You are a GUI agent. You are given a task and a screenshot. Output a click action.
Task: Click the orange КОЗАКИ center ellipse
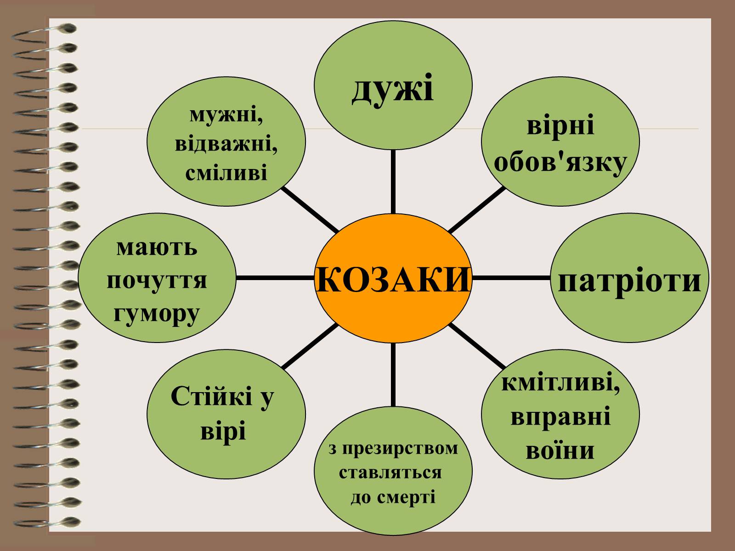tap(393, 278)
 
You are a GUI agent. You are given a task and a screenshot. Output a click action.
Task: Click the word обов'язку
tap(560, 163)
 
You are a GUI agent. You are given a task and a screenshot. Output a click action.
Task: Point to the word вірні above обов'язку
tap(560, 126)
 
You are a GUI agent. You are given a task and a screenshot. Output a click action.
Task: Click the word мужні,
tap(226, 115)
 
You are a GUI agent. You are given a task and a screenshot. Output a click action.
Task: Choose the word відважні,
tap(226, 145)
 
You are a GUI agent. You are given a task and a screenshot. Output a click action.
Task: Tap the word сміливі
tap(226, 173)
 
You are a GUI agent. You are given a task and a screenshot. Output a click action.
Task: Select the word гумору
tap(157, 314)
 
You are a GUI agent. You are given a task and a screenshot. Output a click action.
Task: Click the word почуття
tap(157, 281)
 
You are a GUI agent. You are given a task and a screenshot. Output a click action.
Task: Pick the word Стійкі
tap(211, 396)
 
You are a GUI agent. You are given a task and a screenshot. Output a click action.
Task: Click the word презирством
tap(400, 449)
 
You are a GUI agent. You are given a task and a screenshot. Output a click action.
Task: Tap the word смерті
tap(406, 497)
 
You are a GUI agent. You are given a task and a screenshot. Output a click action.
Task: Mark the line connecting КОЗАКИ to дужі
tap(393, 182)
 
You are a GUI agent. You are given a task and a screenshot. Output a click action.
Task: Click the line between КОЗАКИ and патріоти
tap(511, 278)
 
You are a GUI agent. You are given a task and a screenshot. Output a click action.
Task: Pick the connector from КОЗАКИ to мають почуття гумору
tap(275, 278)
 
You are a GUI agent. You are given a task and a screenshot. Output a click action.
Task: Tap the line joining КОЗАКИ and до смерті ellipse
tap(393, 375)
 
